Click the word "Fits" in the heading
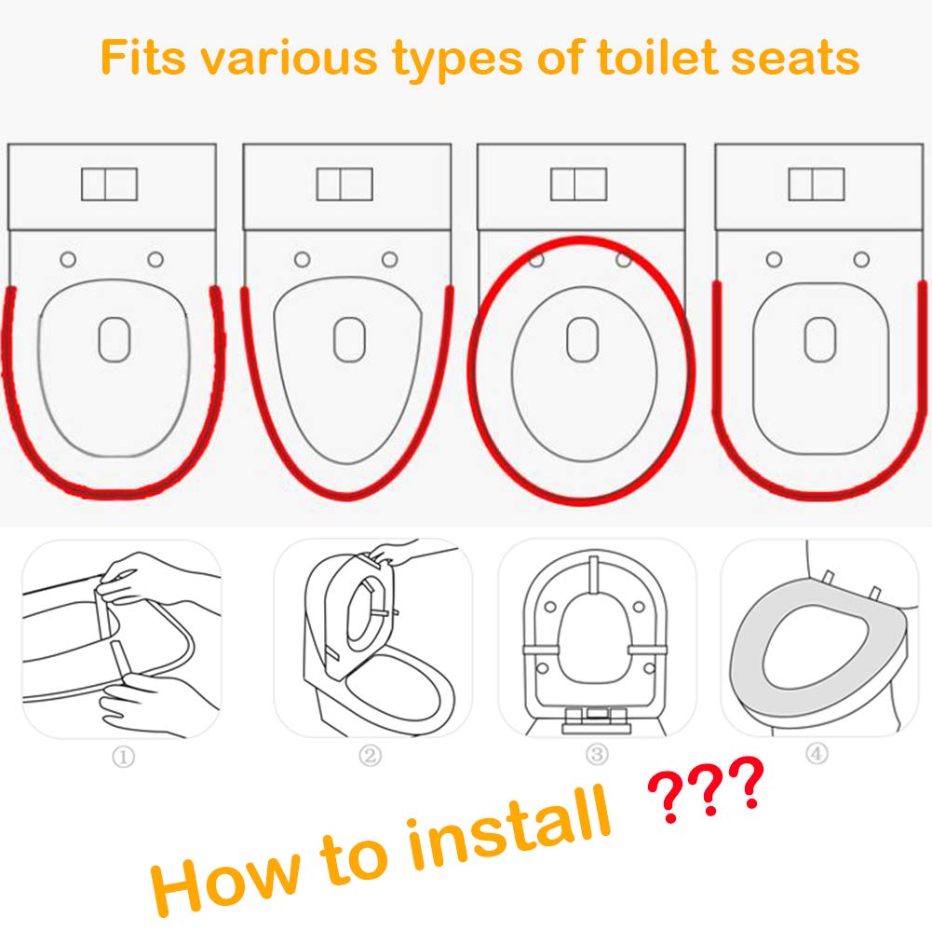coord(143,58)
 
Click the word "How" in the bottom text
coord(225,883)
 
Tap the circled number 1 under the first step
coord(124,757)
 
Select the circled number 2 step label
coord(370,755)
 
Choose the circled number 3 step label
coord(597,754)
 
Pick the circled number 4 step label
coord(817,753)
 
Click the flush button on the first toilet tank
coord(110,184)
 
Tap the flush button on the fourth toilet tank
coord(817,184)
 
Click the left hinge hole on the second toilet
coord(303,260)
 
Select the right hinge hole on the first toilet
coord(155,260)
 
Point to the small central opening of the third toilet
coord(582,340)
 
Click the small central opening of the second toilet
coord(349,340)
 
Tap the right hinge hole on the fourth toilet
coord(861,260)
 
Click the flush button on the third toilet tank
coord(579,184)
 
